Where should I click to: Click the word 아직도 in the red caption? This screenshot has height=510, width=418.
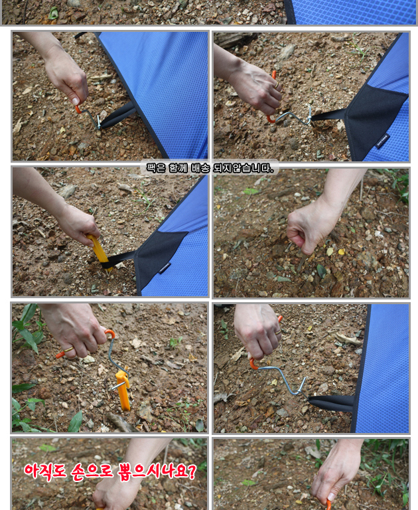[x=45, y=471]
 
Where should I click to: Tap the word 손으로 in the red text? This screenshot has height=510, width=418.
[x=92, y=471]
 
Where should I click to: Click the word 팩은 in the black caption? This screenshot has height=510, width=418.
[x=154, y=168]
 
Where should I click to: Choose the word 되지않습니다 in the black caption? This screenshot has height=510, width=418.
[x=243, y=168]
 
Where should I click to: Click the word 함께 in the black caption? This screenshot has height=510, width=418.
[x=177, y=168]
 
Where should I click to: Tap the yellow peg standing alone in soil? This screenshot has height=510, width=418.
[x=123, y=390]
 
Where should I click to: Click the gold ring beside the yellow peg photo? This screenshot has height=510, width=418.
[x=68, y=350]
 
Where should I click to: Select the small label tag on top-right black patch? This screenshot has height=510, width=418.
[x=383, y=141]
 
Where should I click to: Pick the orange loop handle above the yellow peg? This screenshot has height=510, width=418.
[x=110, y=333]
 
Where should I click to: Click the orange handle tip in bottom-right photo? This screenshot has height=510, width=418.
[x=328, y=505]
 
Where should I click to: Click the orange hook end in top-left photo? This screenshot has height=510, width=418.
[x=78, y=110]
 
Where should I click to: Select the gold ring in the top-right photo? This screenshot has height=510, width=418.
[x=276, y=85]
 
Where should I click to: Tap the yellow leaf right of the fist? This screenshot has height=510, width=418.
[x=341, y=252]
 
